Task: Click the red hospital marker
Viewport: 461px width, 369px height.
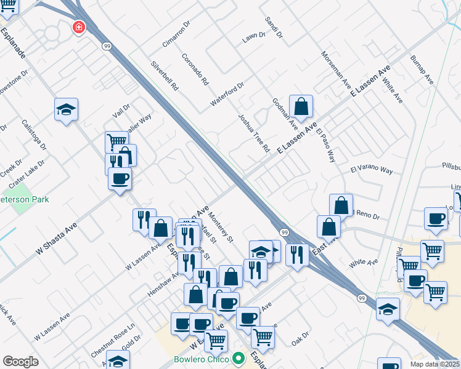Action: [78, 27]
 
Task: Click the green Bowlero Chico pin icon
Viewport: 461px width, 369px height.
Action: [238, 359]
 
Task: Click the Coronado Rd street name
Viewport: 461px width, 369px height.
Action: [195, 69]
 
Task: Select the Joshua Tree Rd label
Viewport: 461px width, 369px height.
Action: [254, 132]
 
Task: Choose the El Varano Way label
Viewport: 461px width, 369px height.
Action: [372, 170]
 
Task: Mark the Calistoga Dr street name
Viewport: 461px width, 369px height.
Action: [35, 134]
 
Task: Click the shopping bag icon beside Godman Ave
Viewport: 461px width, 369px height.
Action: [301, 107]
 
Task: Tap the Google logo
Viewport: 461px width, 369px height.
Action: [21, 362]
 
